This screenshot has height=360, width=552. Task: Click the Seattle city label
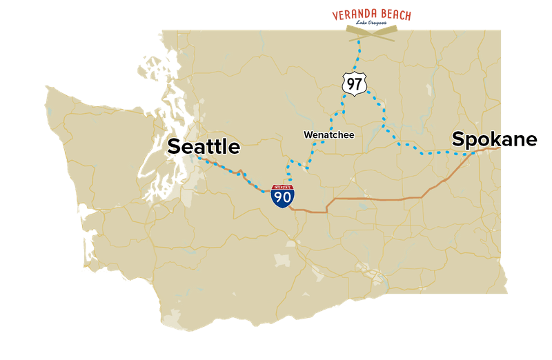[x=204, y=147]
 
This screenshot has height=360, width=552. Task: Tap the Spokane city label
[x=495, y=139]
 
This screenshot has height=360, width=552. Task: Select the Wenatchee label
[x=328, y=134]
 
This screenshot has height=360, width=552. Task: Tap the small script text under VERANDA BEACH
[x=373, y=24]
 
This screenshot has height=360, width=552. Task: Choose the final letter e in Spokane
[x=532, y=141]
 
